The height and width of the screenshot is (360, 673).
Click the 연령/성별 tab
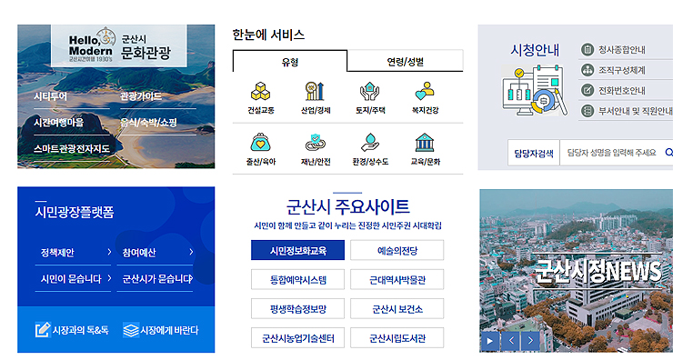(405, 62)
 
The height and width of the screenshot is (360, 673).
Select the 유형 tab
(289, 62)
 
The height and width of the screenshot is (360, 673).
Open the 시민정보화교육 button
(297, 251)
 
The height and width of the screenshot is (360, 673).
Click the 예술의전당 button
(397, 251)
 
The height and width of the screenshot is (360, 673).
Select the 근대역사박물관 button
(397, 280)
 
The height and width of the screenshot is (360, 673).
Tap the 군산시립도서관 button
(397, 338)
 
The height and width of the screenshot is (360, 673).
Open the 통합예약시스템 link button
(297, 280)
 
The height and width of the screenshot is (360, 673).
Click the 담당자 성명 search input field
(611, 153)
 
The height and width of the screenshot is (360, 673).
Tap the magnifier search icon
(668, 153)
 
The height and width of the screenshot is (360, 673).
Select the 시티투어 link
(51, 95)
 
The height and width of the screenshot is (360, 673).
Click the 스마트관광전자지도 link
(72, 148)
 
